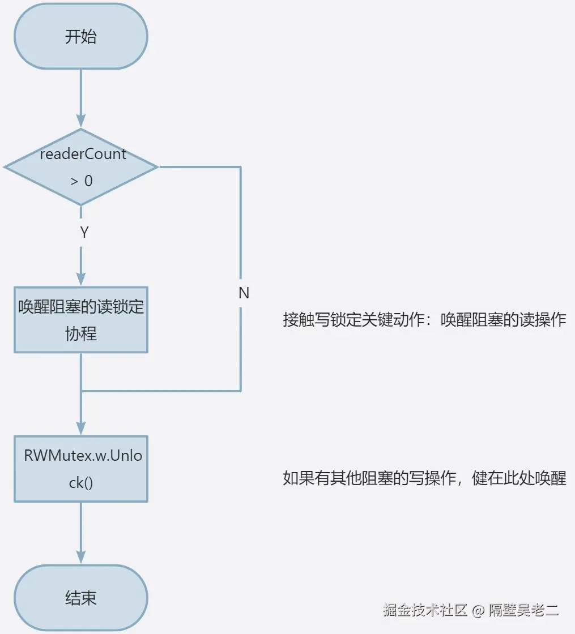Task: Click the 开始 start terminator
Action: pyautogui.click(x=80, y=37)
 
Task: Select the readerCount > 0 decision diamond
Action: pyautogui.click(x=80, y=167)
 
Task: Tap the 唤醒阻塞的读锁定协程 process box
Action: pyautogui.click(x=80, y=320)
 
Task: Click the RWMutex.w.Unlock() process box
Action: pyautogui.click(x=80, y=469)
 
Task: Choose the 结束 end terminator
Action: pyautogui.click(x=80, y=598)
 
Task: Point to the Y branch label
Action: pyautogui.click(x=84, y=232)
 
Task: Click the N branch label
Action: pyautogui.click(x=244, y=293)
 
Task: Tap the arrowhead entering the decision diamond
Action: pyautogui.click(x=81, y=121)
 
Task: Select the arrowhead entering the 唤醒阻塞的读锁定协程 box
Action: pyautogui.click(x=81, y=279)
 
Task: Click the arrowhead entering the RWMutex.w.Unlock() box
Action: pyautogui.click(x=81, y=429)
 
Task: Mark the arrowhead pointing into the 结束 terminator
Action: pyautogui.click(x=81, y=557)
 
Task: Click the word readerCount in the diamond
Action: pyautogui.click(x=83, y=154)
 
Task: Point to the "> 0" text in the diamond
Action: pyautogui.click(x=82, y=181)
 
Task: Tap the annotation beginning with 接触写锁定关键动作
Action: pyautogui.click(x=424, y=319)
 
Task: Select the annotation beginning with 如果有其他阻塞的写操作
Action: pyautogui.click(x=424, y=478)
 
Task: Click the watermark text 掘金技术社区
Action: pyautogui.click(x=425, y=610)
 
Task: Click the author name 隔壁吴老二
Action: pyautogui.click(x=524, y=610)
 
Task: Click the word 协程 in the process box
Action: pyautogui.click(x=81, y=333)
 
